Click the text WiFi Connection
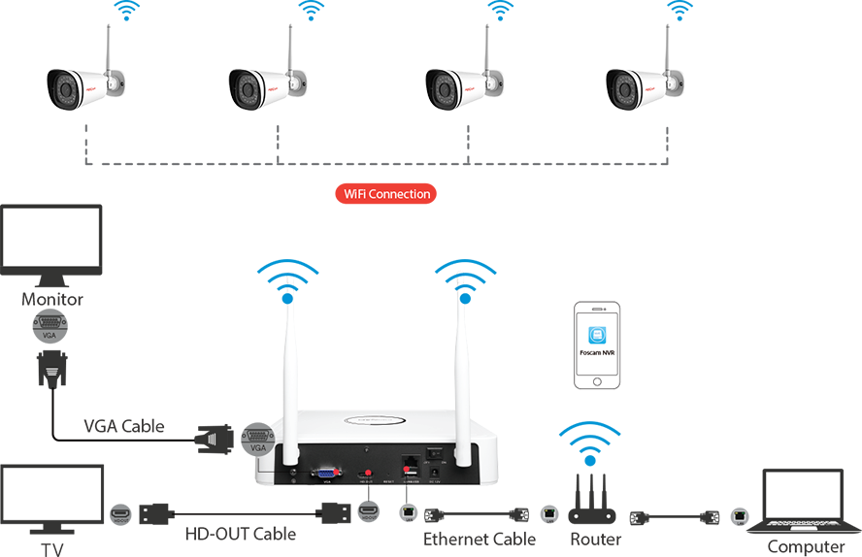(x=387, y=194)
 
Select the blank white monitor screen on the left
(x=50, y=237)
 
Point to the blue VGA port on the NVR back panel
(x=321, y=475)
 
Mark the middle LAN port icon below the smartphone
(x=549, y=513)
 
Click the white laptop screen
(x=803, y=495)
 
